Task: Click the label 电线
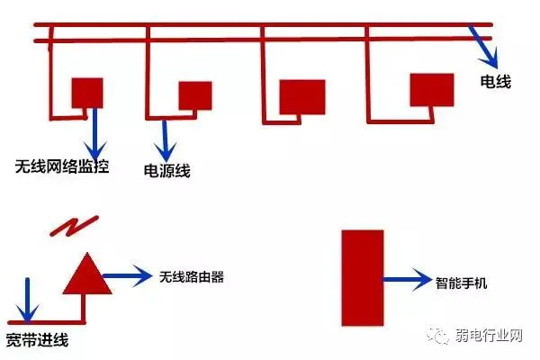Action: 496,82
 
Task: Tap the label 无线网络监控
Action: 62,166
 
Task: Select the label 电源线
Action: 167,170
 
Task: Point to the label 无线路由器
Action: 192,276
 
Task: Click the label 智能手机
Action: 461,283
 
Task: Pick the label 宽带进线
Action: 37,340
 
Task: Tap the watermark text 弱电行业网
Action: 489,335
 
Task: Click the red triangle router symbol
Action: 87,274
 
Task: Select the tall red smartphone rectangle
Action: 363,278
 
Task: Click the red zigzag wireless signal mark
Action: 75,226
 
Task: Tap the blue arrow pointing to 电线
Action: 484,47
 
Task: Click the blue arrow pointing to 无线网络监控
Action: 95,133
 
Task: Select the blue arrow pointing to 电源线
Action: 165,140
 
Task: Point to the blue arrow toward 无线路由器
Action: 128,275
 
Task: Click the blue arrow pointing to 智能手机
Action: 408,279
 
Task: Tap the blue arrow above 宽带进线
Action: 28,301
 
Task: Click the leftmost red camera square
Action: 87,93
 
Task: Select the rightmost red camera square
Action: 432,90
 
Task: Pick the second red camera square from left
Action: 195,95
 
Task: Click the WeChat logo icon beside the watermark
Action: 438,335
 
